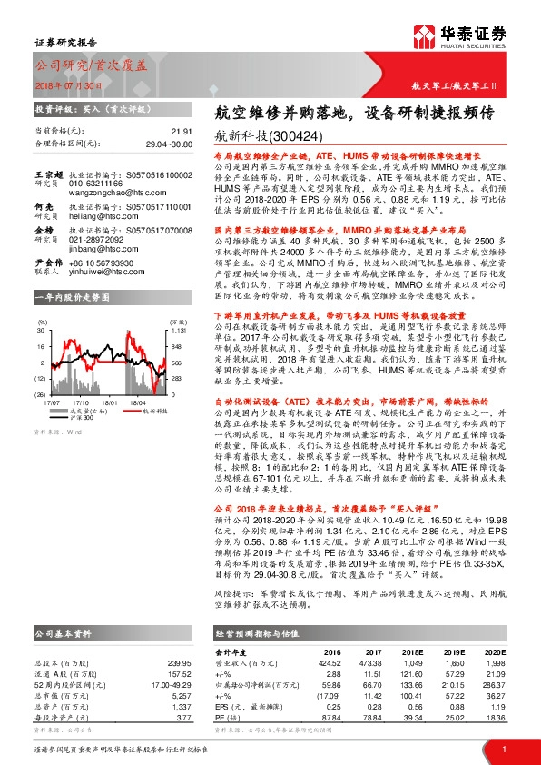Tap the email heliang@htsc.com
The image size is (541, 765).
coord(96,216)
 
